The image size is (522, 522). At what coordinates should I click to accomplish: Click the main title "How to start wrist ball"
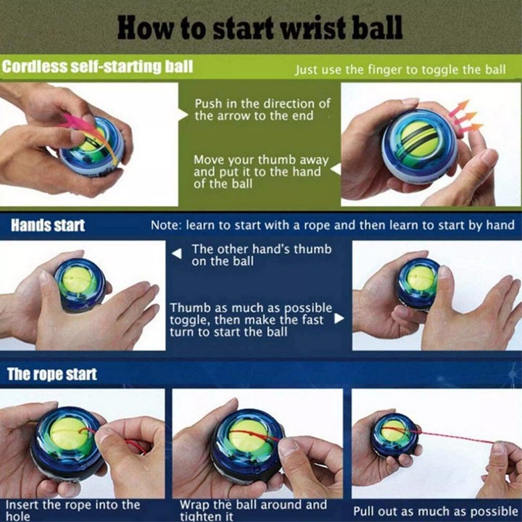(260, 28)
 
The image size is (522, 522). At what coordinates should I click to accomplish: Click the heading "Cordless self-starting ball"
(97, 66)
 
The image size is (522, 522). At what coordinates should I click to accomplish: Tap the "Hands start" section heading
(48, 225)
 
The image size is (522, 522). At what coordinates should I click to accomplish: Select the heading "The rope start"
(52, 374)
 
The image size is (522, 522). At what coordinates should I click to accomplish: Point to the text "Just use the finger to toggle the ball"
(400, 70)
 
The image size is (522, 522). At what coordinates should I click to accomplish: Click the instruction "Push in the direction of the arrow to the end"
(262, 109)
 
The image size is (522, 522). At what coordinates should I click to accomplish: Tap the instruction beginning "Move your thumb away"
(261, 171)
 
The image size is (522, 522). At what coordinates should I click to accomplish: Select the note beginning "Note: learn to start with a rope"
(333, 225)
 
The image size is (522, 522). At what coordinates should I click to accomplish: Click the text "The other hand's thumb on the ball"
(261, 255)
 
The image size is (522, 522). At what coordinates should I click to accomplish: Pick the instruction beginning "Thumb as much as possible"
(251, 320)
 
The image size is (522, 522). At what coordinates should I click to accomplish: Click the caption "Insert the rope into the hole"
(73, 510)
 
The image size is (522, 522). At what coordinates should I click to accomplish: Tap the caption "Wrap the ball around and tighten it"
(253, 510)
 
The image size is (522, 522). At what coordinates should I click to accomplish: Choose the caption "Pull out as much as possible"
(436, 511)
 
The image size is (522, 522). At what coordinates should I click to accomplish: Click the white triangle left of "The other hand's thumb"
(177, 254)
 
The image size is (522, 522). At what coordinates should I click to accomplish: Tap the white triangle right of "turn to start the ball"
(339, 318)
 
